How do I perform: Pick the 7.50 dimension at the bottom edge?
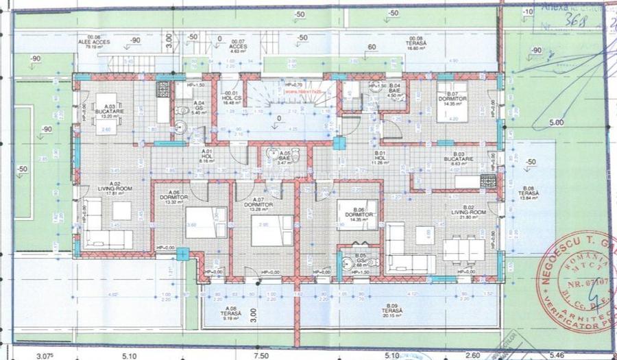tap(258, 355)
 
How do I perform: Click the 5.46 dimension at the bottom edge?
tap(558, 355)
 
